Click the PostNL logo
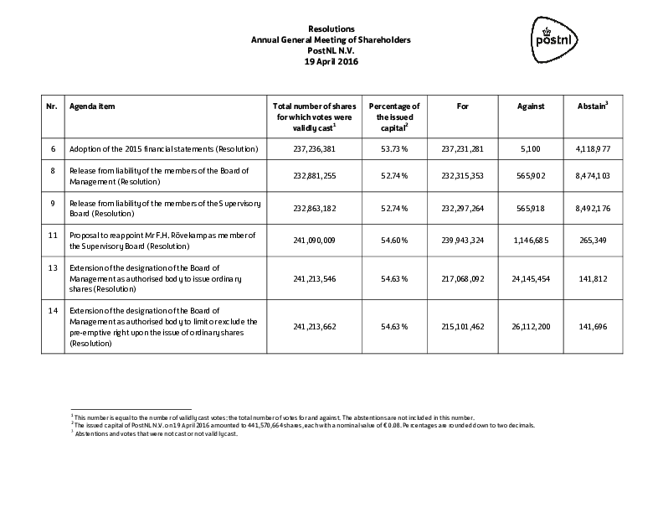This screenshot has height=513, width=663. tap(556, 39)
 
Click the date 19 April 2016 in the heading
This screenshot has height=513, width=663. tap(331, 60)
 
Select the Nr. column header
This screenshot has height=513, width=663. tap(52, 106)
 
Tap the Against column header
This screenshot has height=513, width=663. tap(531, 106)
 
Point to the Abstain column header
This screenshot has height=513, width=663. tap(593, 106)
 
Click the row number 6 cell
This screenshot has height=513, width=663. tap(53, 149)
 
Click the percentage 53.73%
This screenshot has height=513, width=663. tap(394, 149)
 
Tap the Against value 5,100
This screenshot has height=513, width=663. tap(532, 149)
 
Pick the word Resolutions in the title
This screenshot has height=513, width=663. tap(331, 29)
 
